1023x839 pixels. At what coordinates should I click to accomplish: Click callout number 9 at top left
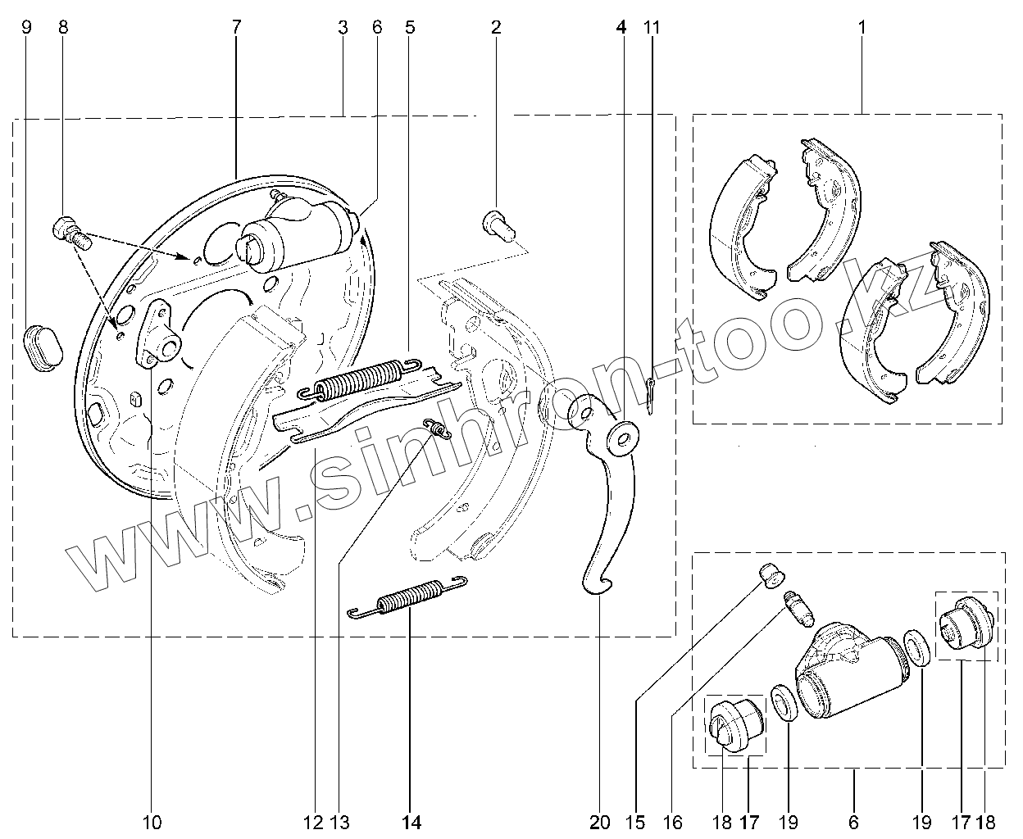(x=27, y=27)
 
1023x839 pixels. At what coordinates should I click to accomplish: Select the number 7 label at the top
(x=236, y=27)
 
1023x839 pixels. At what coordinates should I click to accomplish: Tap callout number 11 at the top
(x=652, y=27)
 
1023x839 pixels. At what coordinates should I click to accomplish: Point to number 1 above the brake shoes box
(x=862, y=27)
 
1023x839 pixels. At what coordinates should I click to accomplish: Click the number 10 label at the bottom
(x=152, y=823)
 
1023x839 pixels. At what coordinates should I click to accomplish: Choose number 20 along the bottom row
(x=599, y=823)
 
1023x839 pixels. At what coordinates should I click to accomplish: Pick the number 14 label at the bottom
(x=411, y=823)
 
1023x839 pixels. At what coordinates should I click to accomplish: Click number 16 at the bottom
(x=672, y=823)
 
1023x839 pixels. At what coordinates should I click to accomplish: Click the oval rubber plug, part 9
(x=43, y=348)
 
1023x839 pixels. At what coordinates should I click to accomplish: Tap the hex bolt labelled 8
(x=70, y=234)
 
